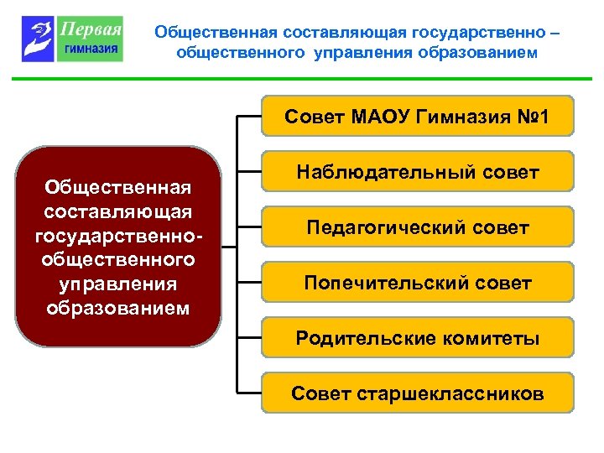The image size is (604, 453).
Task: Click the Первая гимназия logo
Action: point(72,39)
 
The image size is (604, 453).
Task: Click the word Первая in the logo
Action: point(91,29)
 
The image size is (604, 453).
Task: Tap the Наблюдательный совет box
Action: point(417,172)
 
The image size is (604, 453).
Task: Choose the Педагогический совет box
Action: point(417,227)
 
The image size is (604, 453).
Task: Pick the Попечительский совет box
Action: point(417,283)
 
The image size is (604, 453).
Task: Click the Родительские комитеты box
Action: point(417,338)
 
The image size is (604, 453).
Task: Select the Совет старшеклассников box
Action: point(417,393)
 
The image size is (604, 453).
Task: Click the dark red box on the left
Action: point(118,247)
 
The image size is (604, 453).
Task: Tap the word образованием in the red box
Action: point(118,307)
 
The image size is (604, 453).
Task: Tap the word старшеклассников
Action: point(450,393)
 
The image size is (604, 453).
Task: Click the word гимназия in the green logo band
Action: point(91,49)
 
